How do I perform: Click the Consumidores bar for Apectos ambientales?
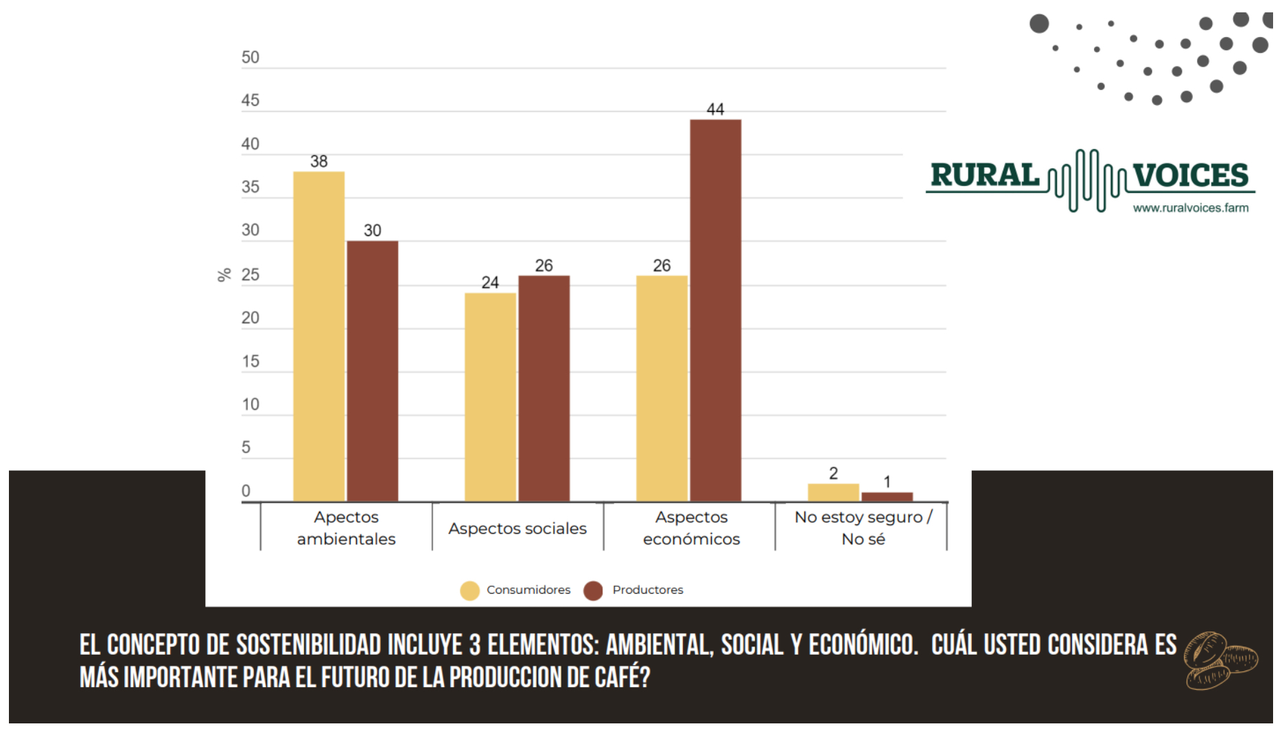pyautogui.click(x=318, y=336)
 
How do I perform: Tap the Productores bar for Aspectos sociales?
pyautogui.click(x=544, y=388)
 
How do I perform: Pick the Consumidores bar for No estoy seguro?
pyautogui.click(x=833, y=493)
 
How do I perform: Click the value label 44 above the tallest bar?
pyautogui.click(x=715, y=110)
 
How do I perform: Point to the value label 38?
pyautogui.click(x=319, y=162)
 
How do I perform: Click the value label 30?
pyautogui.click(x=373, y=231)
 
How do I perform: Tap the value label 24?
pyautogui.click(x=490, y=283)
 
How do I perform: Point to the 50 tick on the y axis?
pyautogui.click(x=250, y=58)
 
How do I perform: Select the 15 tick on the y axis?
pyautogui.click(x=250, y=362)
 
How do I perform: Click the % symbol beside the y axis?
pyautogui.click(x=224, y=275)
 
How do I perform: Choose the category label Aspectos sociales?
pyautogui.click(x=517, y=528)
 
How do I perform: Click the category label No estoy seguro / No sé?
pyautogui.click(x=863, y=528)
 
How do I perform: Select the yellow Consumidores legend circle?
pyautogui.click(x=470, y=590)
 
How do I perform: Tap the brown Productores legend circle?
pyautogui.click(x=593, y=590)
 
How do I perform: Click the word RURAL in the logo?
pyautogui.click(x=985, y=176)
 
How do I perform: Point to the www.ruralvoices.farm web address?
pyautogui.click(x=1191, y=208)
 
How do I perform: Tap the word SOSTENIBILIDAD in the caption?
pyautogui.click(x=308, y=645)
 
